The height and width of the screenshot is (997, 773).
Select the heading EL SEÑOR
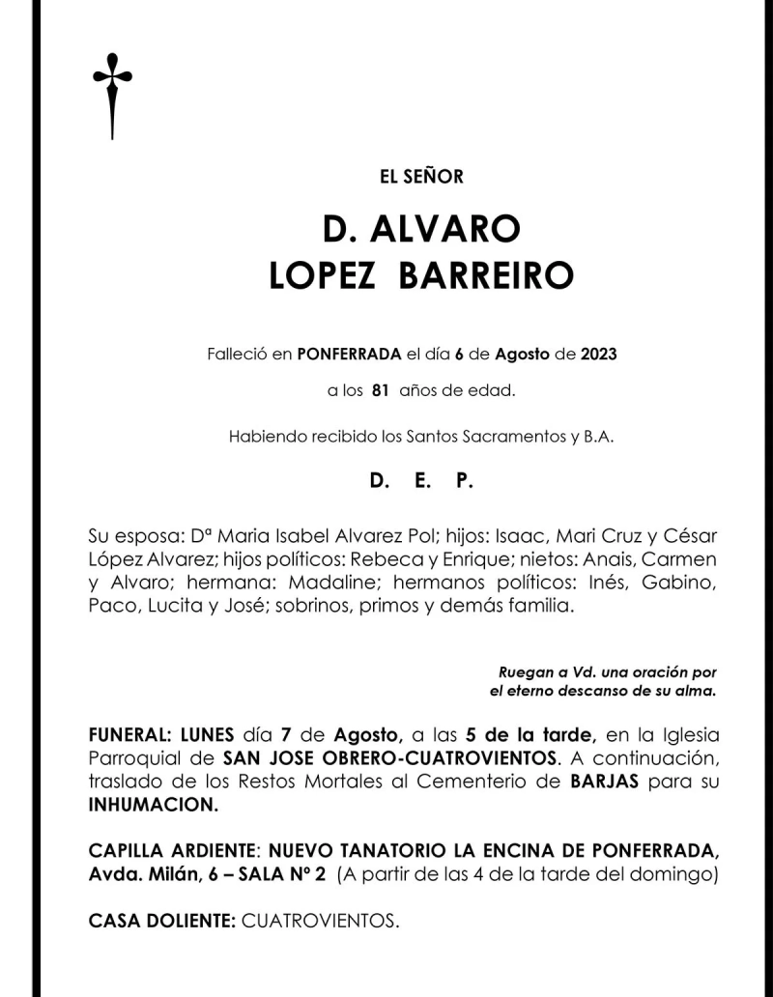coord(421,177)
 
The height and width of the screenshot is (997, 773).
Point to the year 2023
coord(598,355)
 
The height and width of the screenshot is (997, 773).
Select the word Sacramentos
coord(510,436)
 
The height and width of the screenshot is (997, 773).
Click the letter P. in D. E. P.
coord(464,480)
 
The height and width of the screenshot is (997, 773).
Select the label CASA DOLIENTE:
coord(161,921)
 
